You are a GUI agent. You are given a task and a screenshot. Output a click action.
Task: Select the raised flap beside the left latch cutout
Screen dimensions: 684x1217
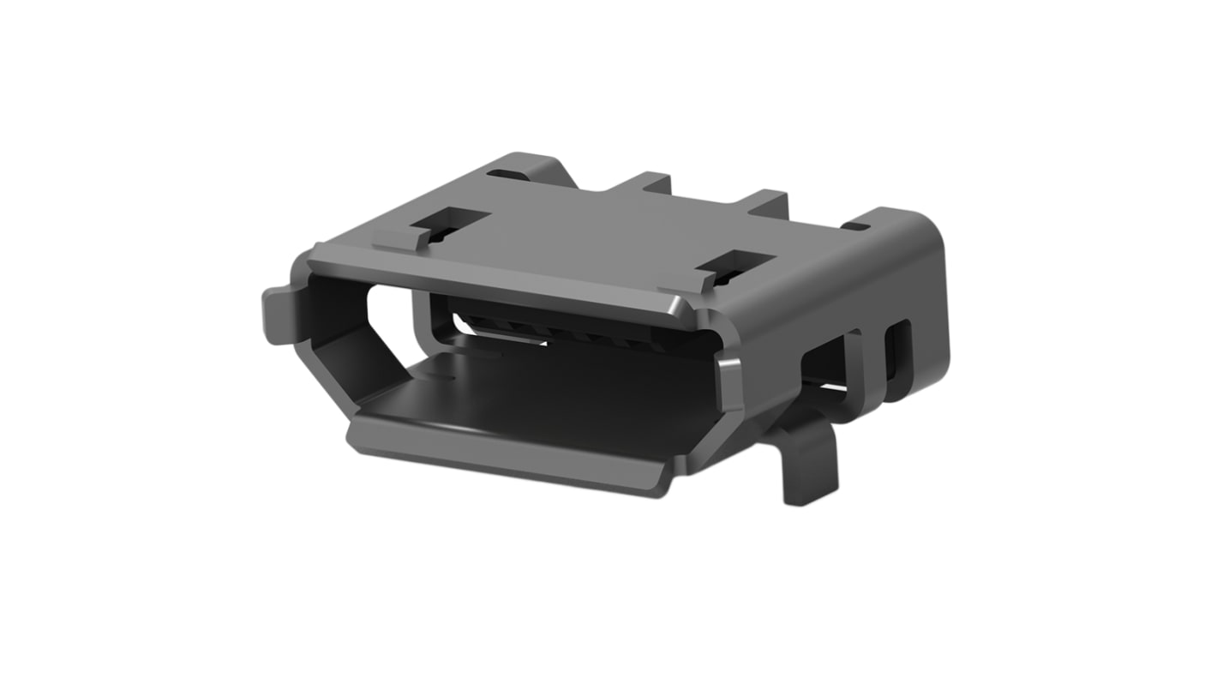click(x=404, y=239)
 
